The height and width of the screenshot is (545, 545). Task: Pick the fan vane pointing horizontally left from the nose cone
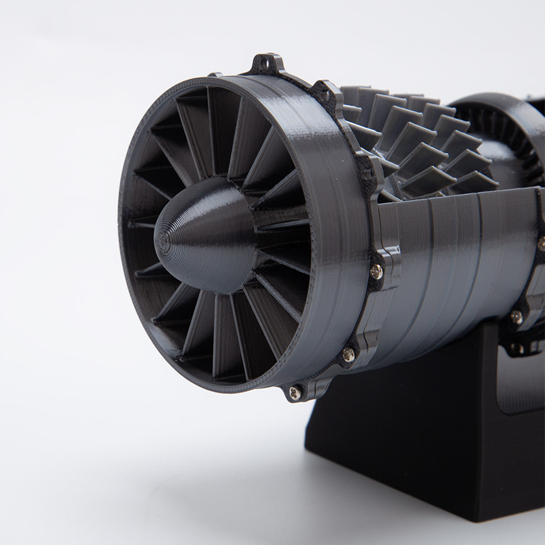pyautogui.click(x=141, y=225)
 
